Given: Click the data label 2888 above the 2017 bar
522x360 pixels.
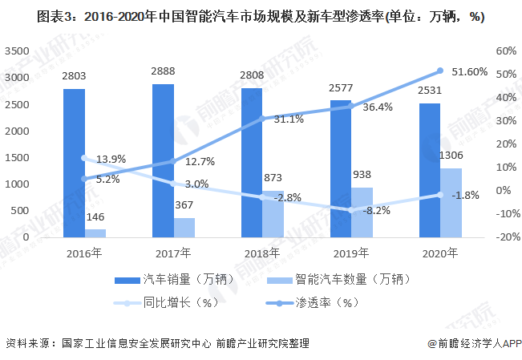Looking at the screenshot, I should [x=163, y=71].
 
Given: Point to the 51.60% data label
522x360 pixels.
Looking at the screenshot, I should [x=469, y=71].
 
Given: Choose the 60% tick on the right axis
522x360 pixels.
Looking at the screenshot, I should [x=505, y=51].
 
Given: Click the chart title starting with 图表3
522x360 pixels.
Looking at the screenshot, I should [x=261, y=16].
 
